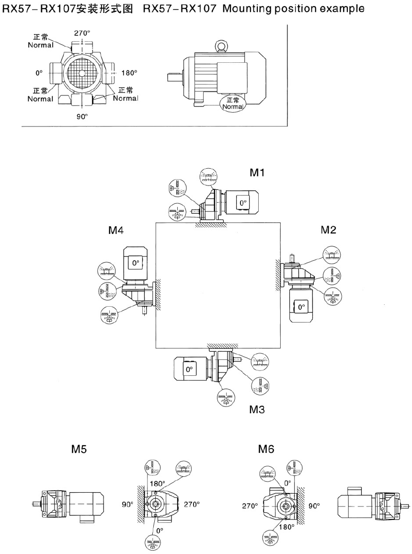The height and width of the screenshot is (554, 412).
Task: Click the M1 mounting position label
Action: [257, 173]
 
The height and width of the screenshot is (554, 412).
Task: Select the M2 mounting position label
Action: [329, 230]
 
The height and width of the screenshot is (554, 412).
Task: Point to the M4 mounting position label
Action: [116, 230]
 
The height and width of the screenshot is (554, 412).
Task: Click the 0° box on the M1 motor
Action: [243, 203]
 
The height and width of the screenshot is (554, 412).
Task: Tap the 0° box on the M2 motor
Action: [301, 307]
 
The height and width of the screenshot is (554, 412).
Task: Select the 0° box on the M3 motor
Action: [189, 369]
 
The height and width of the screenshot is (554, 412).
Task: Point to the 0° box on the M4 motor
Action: [135, 263]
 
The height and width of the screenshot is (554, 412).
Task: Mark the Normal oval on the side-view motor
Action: [232, 104]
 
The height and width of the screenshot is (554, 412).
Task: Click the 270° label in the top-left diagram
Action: [82, 33]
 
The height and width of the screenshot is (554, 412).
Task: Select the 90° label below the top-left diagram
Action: [82, 116]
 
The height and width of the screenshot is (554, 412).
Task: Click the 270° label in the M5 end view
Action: [192, 504]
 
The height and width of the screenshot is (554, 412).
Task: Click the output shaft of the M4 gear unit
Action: [144, 311]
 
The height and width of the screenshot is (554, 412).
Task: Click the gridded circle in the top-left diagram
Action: [82, 73]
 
